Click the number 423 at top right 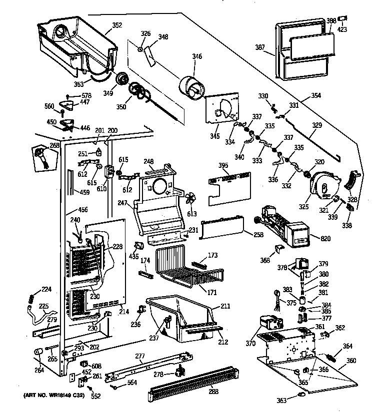click(342, 29)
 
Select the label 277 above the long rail click(140, 356)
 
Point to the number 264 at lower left click(39, 370)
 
